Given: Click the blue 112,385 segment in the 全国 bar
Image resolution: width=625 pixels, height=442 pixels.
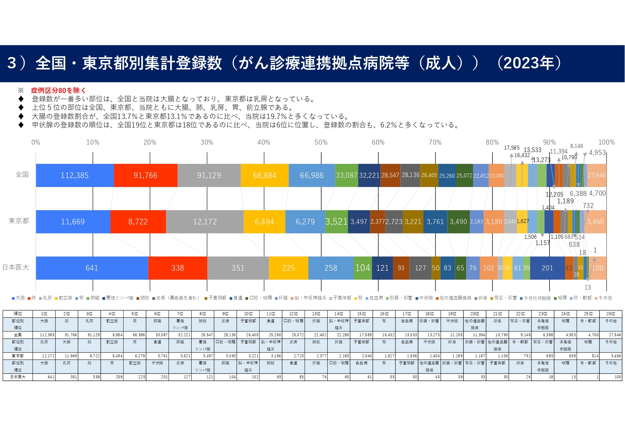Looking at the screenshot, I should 74,175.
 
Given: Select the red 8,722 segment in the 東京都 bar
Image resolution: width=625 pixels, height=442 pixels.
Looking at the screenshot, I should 138,222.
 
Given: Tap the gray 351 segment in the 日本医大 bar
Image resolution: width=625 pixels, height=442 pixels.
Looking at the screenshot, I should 238,268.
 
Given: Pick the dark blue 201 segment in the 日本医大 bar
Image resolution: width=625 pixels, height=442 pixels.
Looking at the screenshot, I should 547,268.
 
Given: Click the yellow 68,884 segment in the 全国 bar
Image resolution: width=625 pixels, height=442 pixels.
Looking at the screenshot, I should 264,175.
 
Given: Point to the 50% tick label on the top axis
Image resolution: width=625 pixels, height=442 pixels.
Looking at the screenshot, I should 321,142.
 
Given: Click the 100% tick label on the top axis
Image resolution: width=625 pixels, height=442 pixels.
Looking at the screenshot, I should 606,142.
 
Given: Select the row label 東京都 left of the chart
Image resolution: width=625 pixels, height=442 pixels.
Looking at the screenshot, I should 19,221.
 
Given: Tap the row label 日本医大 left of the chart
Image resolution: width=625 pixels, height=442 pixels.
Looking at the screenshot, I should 16,267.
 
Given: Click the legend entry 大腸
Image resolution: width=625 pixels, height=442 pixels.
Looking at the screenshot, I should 19,298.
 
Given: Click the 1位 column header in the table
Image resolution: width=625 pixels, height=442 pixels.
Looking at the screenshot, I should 44,314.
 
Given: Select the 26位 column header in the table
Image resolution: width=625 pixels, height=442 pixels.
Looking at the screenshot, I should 611,314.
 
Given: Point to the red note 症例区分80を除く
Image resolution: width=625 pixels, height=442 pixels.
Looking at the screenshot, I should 58,90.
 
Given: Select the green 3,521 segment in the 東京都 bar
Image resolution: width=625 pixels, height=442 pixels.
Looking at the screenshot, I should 336,222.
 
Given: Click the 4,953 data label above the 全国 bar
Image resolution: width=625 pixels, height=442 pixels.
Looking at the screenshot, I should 597,152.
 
